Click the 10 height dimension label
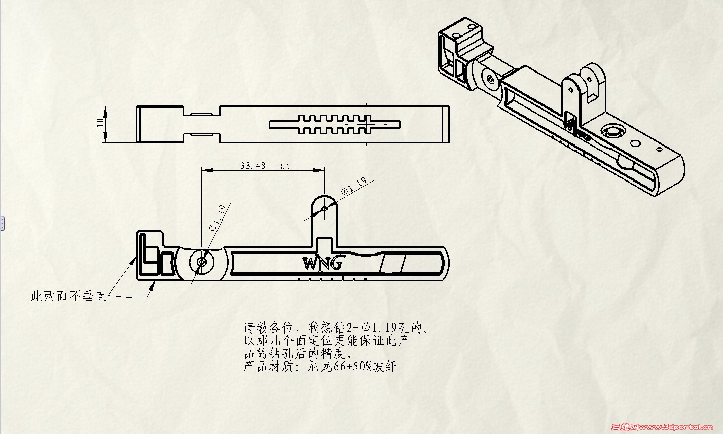click(x=100, y=122)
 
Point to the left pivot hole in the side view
click(x=202, y=262)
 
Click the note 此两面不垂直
click(x=69, y=296)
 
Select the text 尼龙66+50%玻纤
click(x=352, y=366)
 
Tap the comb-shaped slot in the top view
click(x=335, y=124)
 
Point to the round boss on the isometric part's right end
click(x=612, y=132)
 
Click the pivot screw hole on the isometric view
click(x=490, y=79)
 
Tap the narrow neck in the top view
click(x=202, y=124)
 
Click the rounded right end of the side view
click(x=444, y=263)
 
